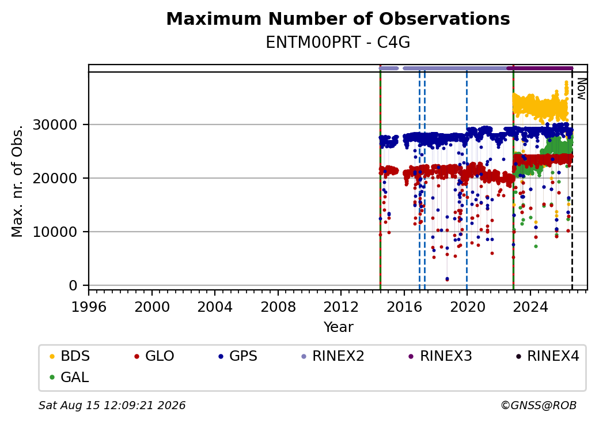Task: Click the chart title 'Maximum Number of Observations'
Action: pyautogui.click(x=338, y=18)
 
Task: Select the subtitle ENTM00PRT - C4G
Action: pyautogui.click(x=338, y=43)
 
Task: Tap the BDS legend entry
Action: pyautogui.click(x=70, y=356)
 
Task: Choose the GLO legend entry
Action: pyautogui.click(x=154, y=356)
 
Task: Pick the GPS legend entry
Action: pyautogui.click(x=238, y=356)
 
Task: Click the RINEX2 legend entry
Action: pyautogui.click(x=333, y=356)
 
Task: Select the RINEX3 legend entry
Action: pyautogui.click(x=441, y=356)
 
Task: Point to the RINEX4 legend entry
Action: pyautogui.click(x=548, y=356)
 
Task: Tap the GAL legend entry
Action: pyautogui.click(x=70, y=377)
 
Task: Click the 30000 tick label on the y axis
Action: pyautogui.click(x=55, y=124)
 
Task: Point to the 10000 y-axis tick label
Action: pyautogui.click(x=55, y=232)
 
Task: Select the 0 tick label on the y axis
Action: pyautogui.click(x=73, y=285)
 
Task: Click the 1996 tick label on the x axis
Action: pyautogui.click(x=89, y=307)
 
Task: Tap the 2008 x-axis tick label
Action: pyautogui.click(x=278, y=307)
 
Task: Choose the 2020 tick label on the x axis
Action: pyautogui.click(x=467, y=307)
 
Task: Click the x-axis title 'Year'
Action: pyautogui.click(x=339, y=327)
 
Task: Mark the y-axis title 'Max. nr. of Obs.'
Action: pyautogui.click(x=17, y=181)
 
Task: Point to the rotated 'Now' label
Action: pyautogui.click(x=581, y=89)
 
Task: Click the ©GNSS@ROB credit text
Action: pyautogui.click(x=539, y=405)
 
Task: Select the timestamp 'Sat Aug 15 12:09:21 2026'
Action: pyautogui.click(x=112, y=405)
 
